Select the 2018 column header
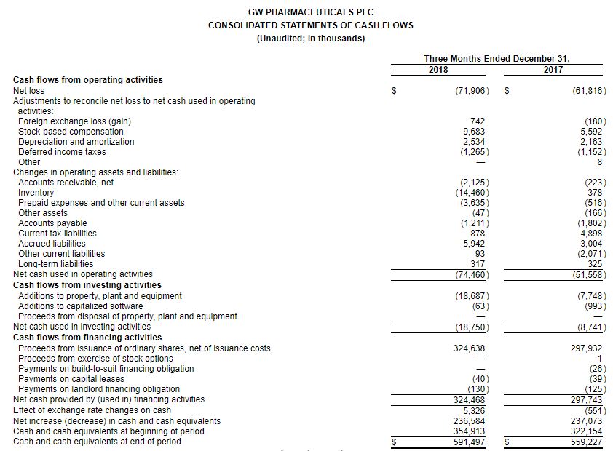(438, 70)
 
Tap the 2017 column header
(553, 70)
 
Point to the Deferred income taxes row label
(62, 152)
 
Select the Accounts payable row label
(52, 223)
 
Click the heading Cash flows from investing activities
(87, 285)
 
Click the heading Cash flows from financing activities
(87, 338)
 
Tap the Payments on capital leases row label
(71, 379)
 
